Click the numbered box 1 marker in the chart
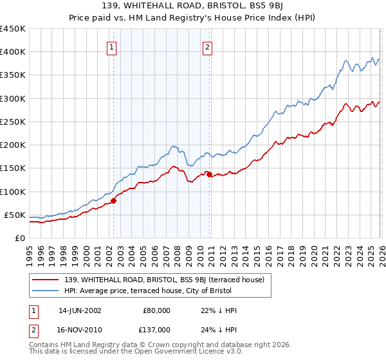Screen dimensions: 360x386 (x=112, y=47)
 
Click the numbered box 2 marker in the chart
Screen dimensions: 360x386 (x=208, y=47)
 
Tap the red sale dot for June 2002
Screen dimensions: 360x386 (x=113, y=201)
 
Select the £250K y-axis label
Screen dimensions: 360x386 (x=13, y=122)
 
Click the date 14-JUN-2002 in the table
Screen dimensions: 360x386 (x=80, y=310)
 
